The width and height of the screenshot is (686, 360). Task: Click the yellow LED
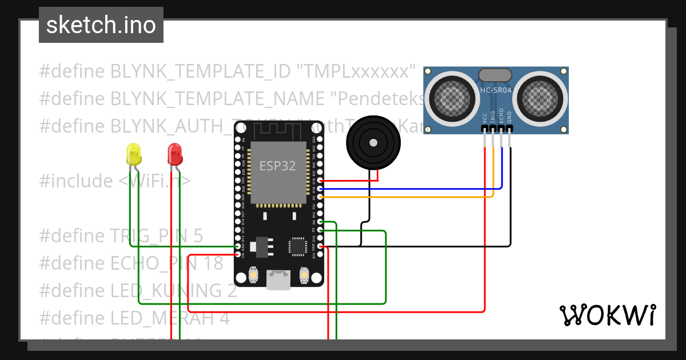[x=133, y=155]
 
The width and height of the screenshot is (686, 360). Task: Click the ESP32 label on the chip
[x=278, y=166]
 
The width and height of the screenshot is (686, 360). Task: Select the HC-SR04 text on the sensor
[x=496, y=90]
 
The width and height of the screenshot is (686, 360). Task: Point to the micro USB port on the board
[x=278, y=280]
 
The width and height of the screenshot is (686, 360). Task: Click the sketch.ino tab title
[x=101, y=26]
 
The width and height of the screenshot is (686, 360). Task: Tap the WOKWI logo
[x=607, y=315]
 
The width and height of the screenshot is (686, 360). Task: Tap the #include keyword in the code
[x=76, y=181]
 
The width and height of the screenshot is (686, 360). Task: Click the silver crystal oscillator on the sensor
[x=495, y=74]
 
